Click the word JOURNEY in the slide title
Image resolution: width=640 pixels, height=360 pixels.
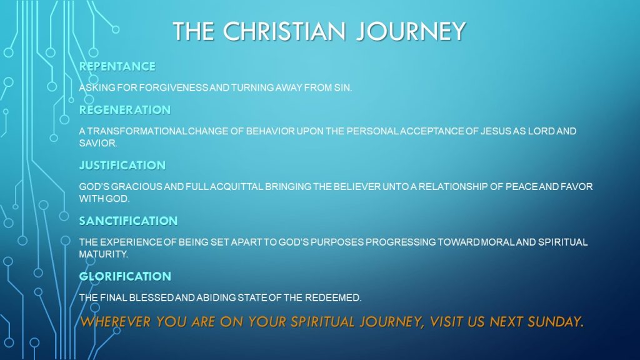[411, 31]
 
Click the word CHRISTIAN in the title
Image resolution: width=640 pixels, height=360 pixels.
[284, 31]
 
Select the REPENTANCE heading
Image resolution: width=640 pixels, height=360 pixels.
[117, 66]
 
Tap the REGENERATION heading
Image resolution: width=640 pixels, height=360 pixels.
[124, 110]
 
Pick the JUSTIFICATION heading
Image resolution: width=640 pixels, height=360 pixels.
[122, 165]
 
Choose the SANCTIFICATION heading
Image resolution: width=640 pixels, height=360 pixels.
[128, 221]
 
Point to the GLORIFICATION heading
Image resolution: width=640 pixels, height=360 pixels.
[125, 276]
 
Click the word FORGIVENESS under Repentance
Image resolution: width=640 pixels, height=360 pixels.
[174, 87]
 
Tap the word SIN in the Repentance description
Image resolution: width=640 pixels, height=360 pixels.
[342, 87]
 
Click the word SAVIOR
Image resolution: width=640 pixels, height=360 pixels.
[98, 143]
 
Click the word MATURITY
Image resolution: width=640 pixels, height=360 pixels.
[103, 254]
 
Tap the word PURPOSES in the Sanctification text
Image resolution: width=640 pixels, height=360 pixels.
[337, 242]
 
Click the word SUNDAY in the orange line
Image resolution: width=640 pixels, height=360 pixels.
[555, 322]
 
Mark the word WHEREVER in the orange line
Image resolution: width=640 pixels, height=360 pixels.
[116, 322]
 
